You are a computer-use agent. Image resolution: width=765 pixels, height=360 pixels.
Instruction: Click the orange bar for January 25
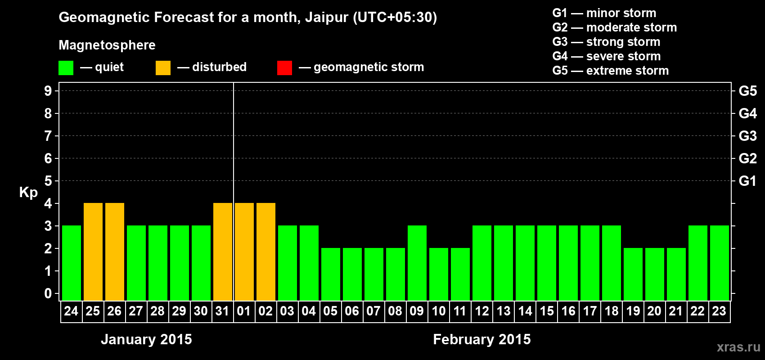[93, 252]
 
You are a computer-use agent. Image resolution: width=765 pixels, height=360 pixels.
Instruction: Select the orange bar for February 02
[265, 252]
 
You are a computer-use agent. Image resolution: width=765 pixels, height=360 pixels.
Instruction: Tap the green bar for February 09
[417, 263]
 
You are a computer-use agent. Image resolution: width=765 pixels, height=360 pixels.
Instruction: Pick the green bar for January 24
[72, 263]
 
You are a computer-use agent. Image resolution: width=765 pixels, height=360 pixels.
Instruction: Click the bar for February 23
[719, 263]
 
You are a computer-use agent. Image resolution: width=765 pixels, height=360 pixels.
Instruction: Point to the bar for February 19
[633, 274]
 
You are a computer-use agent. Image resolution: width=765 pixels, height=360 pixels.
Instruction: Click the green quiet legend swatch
[66, 67]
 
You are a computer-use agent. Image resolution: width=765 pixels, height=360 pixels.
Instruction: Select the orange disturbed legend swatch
[163, 67]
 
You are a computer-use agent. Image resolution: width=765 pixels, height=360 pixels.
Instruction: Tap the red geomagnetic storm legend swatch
[284, 67]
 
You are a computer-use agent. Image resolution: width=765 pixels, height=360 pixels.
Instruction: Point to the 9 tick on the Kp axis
[48, 91]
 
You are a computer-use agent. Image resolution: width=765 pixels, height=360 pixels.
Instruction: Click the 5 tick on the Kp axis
[48, 181]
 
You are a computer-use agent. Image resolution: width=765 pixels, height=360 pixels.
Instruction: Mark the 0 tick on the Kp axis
[48, 293]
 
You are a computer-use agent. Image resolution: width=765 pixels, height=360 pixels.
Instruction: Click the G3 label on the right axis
[747, 136]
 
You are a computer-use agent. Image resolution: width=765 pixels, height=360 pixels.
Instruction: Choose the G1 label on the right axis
[747, 181]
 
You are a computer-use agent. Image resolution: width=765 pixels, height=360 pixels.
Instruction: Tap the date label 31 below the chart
[222, 311]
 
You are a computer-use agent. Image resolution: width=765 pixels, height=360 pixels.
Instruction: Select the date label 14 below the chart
[525, 311]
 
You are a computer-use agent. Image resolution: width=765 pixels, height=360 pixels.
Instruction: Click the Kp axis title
[28, 193]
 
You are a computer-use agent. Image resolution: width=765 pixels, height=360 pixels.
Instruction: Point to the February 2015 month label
[482, 339]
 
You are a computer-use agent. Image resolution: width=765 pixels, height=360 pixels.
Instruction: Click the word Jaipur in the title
[327, 18]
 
